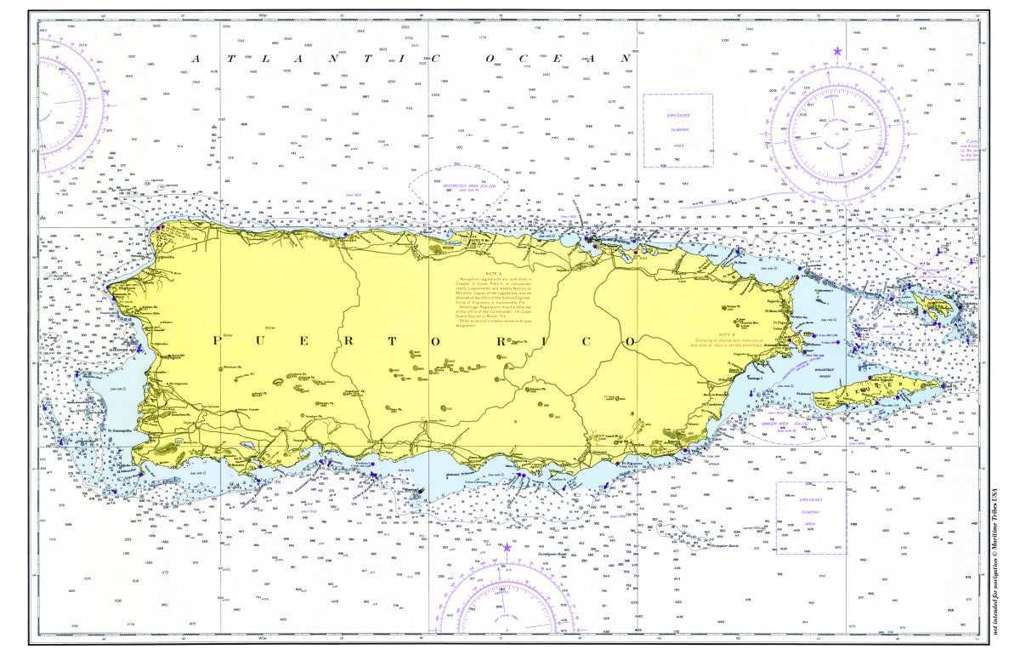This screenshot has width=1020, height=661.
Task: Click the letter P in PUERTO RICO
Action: [x=216, y=340]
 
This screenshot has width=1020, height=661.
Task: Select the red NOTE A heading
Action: [x=490, y=274]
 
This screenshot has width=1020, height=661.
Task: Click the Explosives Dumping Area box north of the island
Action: [x=677, y=129]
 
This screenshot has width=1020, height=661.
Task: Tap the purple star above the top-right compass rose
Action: [x=837, y=52]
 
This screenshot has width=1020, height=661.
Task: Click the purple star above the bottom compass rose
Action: [x=507, y=547]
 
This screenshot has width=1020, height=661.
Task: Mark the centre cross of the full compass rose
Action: [x=837, y=134]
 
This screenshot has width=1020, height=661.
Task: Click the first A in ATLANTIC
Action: [x=197, y=59]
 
